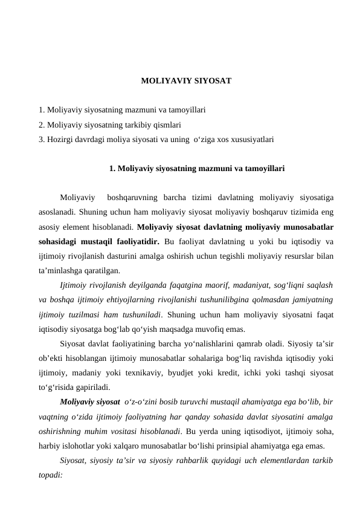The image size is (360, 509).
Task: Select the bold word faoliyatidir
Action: [x=135, y=242]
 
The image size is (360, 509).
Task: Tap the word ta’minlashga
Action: [x=59, y=271]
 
